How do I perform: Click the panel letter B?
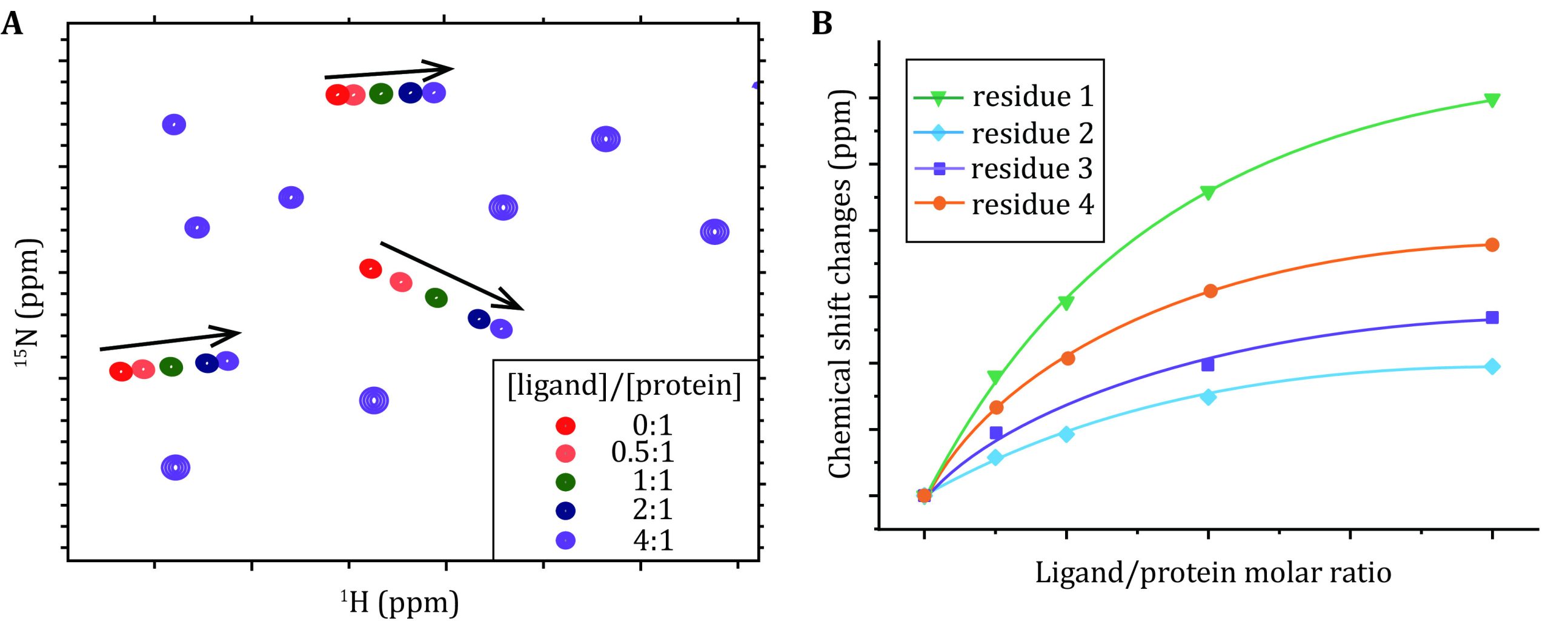[x=822, y=25]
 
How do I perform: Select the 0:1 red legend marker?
[x=565, y=426]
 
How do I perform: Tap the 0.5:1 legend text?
[x=642, y=452]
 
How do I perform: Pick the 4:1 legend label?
[x=653, y=540]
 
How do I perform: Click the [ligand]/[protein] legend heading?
[x=624, y=386]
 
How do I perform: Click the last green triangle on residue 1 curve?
[x=1492, y=100]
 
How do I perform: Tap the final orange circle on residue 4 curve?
[x=1492, y=245]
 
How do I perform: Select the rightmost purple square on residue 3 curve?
[x=1492, y=318]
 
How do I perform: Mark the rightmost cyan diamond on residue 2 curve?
[x=1492, y=366]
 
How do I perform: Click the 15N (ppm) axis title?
[x=28, y=303]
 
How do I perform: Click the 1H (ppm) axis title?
[x=399, y=603]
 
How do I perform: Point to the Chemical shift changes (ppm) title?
[x=841, y=285]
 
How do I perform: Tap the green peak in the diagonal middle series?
[x=436, y=298]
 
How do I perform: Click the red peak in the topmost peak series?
[x=337, y=95]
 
